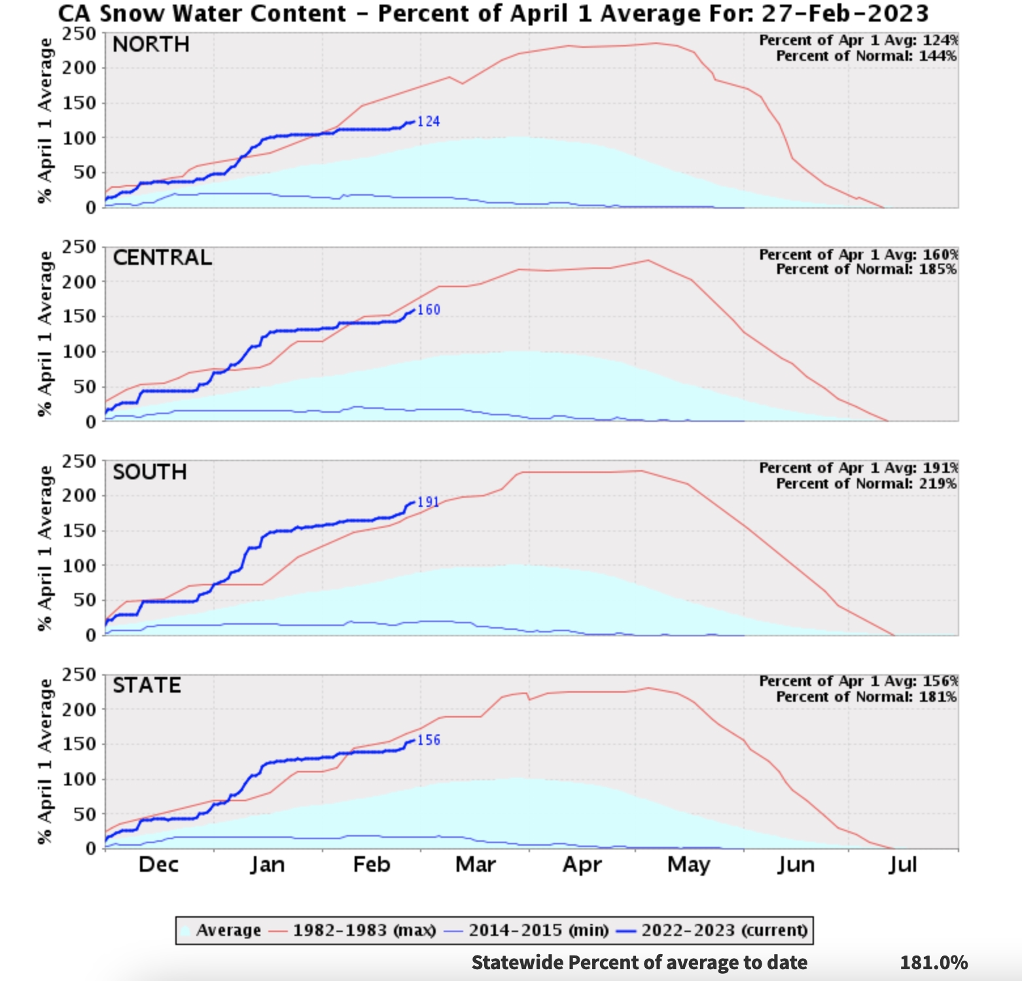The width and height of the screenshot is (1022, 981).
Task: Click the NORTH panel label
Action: tap(151, 44)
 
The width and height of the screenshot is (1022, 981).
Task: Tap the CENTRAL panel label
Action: tap(162, 258)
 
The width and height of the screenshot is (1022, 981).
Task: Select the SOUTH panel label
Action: tap(150, 472)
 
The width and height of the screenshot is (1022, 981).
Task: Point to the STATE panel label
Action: tap(147, 685)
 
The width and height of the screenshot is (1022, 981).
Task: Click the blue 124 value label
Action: tap(429, 122)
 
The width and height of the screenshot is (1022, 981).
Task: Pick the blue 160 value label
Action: tap(429, 310)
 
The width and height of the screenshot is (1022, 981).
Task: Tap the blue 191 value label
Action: tap(429, 502)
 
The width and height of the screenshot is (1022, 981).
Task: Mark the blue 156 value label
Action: tap(429, 740)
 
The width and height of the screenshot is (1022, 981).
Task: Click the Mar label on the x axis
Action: tap(476, 865)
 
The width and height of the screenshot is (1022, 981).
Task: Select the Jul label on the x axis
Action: tap(902, 865)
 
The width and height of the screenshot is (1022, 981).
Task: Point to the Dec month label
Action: tap(158, 865)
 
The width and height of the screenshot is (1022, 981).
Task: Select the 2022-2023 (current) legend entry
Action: tap(724, 930)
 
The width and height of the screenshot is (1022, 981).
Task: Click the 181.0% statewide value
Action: tap(933, 963)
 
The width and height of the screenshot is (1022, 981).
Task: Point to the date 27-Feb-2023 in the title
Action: tap(845, 14)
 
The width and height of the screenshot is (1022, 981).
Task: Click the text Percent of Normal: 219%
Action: tap(866, 484)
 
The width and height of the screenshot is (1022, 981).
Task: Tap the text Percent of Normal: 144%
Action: tap(866, 56)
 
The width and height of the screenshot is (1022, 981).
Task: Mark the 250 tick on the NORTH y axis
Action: tap(79, 34)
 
